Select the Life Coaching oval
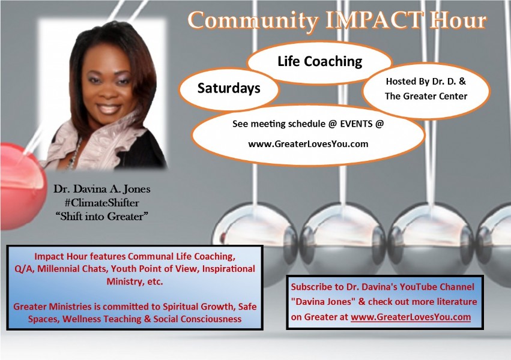click(x=319, y=62)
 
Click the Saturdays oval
click(x=229, y=89)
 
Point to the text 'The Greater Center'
click(x=426, y=97)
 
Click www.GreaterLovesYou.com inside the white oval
click(x=308, y=144)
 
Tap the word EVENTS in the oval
click(x=356, y=124)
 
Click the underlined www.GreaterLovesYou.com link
click(x=411, y=317)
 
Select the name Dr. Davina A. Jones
click(x=101, y=189)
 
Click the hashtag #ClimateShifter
click(x=101, y=203)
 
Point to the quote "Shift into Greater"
click(x=101, y=217)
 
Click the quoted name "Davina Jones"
click(x=323, y=302)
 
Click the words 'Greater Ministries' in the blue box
click(x=52, y=307)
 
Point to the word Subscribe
click(x=312, y=287)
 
